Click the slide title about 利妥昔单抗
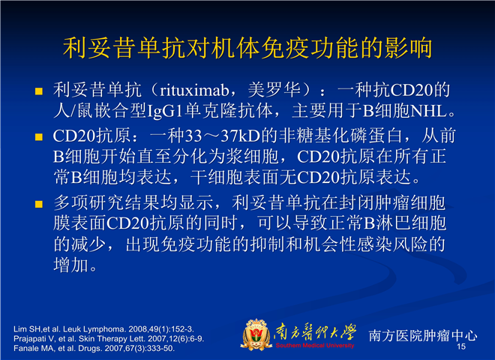(x=247, y=48)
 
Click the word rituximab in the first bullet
(x=194, y=91)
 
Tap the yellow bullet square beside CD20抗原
(x=39, y=136)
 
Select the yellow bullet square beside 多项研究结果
(x=39, y=204)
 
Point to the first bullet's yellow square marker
(x=39, y=91)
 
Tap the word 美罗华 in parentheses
(x=274, y=90)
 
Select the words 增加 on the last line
(x=70, y=265)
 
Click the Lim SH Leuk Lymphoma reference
(x=103, y=329)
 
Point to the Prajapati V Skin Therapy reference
(x=109, y=339)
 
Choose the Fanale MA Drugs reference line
(x=94, y=349)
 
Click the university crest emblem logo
(x=256, y=334)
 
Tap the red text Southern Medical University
(x=315, y=346)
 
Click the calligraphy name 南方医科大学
(x=315, y=332)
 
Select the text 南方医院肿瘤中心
(x=423, y=335)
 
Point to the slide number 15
(x=461, y=346)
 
